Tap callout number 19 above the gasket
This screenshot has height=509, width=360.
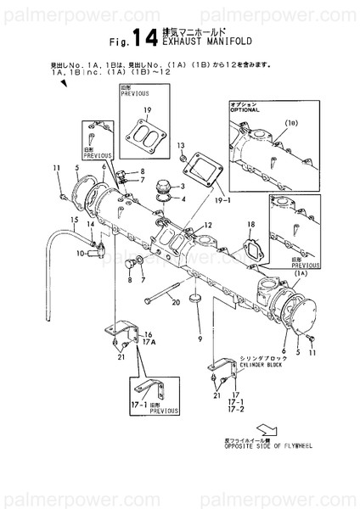point(147,111)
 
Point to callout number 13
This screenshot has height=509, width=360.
point(181,147)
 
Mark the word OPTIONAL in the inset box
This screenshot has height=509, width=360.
point(245,110)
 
